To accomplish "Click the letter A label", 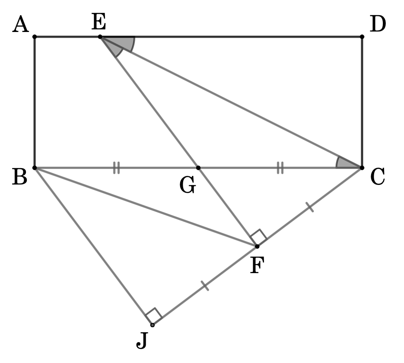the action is [x=21, y=24].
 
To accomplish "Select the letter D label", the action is [x=378, y=24].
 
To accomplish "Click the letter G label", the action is [x=188, y=185].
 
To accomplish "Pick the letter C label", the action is [x=378, y=176].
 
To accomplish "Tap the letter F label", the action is [x=257, y=265].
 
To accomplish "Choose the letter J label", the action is [x=142, y=341].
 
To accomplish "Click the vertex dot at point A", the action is [x=35, y=37].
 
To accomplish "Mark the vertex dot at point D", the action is [x=362, y=37].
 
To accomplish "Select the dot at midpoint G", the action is [x=198, y=168].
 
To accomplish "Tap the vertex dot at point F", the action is [x=257, y=247].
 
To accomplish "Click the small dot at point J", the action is [x=153, y=325].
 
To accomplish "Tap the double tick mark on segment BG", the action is [x=117, y=168].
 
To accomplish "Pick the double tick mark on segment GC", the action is [x=280, y=168].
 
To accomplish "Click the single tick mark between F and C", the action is [x=310, y=207].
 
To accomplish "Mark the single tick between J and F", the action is [x=205, y=286].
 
